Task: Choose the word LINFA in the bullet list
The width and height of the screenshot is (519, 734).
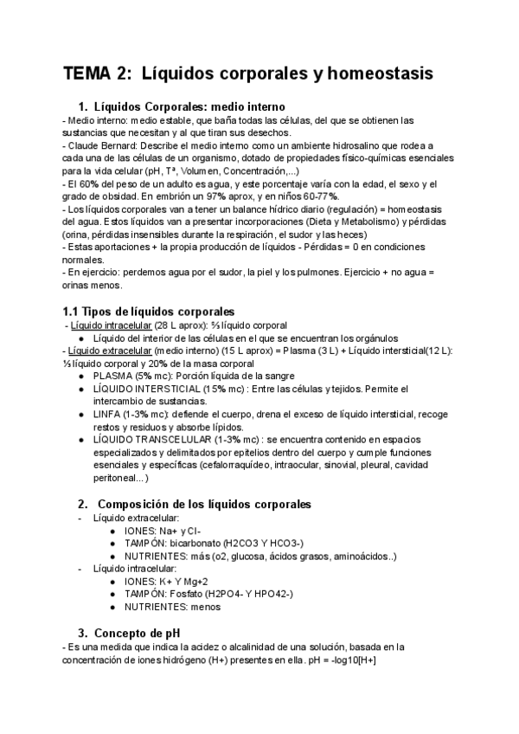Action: point(108,414)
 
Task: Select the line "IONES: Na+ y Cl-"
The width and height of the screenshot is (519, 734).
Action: point(163,531)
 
